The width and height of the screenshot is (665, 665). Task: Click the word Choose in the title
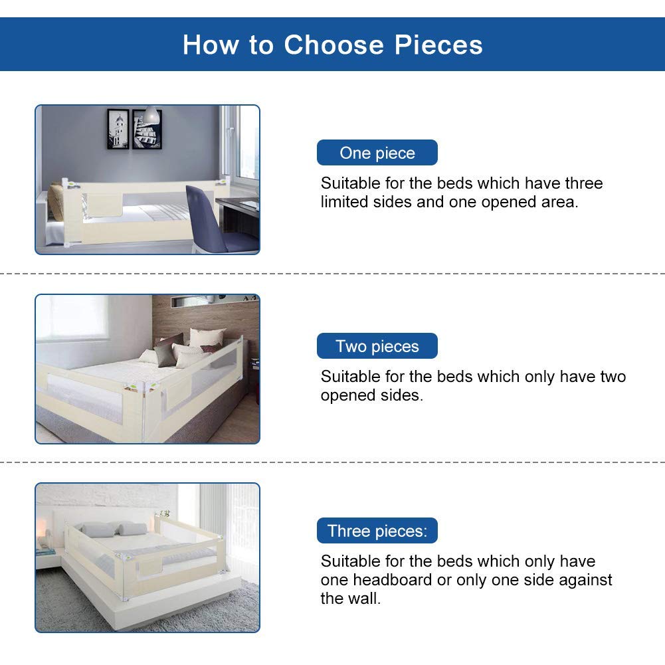pyautogui.click(x=333, y=45)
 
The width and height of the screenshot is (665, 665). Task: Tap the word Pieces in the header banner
pyautogui.click(x=438, y=45)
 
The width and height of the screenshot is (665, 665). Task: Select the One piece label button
pyautogui.click(x=377, y=153)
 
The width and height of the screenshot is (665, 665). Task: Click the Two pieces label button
pyautogui.click(x=377, y=346)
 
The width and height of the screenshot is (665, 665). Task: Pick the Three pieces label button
pyautogui.click(x=377, y=531)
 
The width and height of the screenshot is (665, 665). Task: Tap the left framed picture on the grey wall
pyautogui.click(x=118, y=129)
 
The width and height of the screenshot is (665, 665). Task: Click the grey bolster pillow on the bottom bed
pyautogui.click(x=132, y=529)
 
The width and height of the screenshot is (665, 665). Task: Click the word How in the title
pyautogui.click(x=211, y=45)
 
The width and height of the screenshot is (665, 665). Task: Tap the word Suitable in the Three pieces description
pyautogui.click(x=350, y=561)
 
